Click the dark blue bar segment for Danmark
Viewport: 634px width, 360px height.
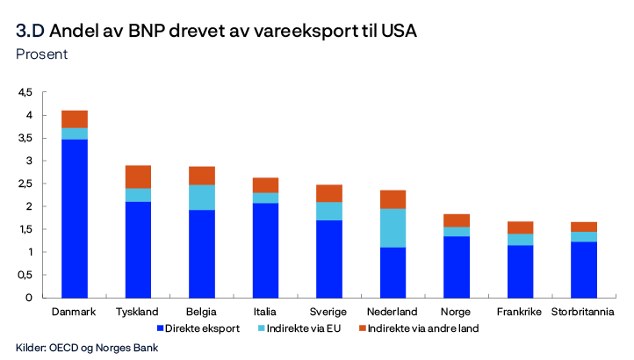tap(75, 218)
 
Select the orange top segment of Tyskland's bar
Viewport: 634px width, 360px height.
tap(138, 176)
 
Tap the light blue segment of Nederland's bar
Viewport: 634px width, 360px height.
tap(393, 227)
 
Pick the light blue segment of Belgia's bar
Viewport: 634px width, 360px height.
tap(202, 197)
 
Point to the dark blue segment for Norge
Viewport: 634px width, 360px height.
tap(456, 266)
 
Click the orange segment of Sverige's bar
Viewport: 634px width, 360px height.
tap(329, 193)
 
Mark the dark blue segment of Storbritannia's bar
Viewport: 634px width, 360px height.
tap(583, 269)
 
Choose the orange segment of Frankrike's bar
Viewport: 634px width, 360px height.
tap(520, 227)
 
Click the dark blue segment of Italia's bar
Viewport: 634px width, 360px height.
tap(265, 250)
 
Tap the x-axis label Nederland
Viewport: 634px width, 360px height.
tap(393, 312)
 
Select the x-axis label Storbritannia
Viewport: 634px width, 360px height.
tap(583, 312)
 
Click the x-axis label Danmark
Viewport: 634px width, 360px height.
tap(75, 312)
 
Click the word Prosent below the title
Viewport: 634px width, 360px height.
tap(41, 54)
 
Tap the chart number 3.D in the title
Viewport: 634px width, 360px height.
tap(31, 32)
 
